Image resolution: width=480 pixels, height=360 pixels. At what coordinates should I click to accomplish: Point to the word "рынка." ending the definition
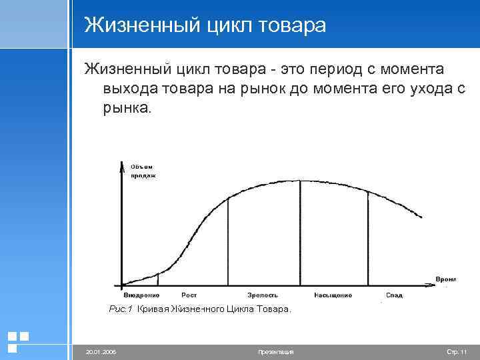tap(127, 107)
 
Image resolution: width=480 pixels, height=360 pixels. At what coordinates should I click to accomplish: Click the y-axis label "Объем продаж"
tap(142, 171)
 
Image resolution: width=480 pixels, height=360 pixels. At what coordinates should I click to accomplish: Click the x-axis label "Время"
tap(445, 278)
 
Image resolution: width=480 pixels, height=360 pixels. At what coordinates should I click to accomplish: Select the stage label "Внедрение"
tap(141, 295)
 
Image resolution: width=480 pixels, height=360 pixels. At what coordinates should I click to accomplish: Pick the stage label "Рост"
tap(189, 295)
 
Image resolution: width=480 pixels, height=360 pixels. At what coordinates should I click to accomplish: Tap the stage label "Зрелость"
tap(262, 295)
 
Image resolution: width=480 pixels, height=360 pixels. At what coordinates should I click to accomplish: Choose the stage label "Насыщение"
tap(333, 295)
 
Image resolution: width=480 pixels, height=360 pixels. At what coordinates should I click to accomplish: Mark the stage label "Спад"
tap(393, 295)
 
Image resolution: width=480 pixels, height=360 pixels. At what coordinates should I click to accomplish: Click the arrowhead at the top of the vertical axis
tap(122, 167)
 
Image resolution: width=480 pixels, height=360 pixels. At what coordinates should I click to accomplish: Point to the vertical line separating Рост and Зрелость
tap(229, 240)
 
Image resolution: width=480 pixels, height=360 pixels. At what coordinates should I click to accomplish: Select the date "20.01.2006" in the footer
tap(101, 351)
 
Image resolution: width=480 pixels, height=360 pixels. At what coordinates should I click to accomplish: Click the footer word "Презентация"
tap(275, 351)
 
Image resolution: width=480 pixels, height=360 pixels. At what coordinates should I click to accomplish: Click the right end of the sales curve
tap(421, 216)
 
